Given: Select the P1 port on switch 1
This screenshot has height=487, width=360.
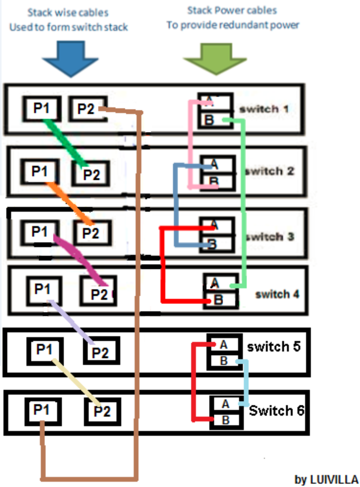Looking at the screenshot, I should pos(41,108).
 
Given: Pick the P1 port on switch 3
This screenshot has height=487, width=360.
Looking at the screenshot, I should pos(40,232).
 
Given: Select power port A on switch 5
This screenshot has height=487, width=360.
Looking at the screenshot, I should pos(224,345).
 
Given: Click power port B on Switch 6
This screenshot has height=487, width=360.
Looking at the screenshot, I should pos(226,420).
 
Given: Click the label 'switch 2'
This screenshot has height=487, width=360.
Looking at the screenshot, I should pos(269,171).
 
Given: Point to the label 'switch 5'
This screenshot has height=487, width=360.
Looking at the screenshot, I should pos(273,347).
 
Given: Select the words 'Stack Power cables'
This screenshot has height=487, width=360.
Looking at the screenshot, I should pos(232,11).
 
